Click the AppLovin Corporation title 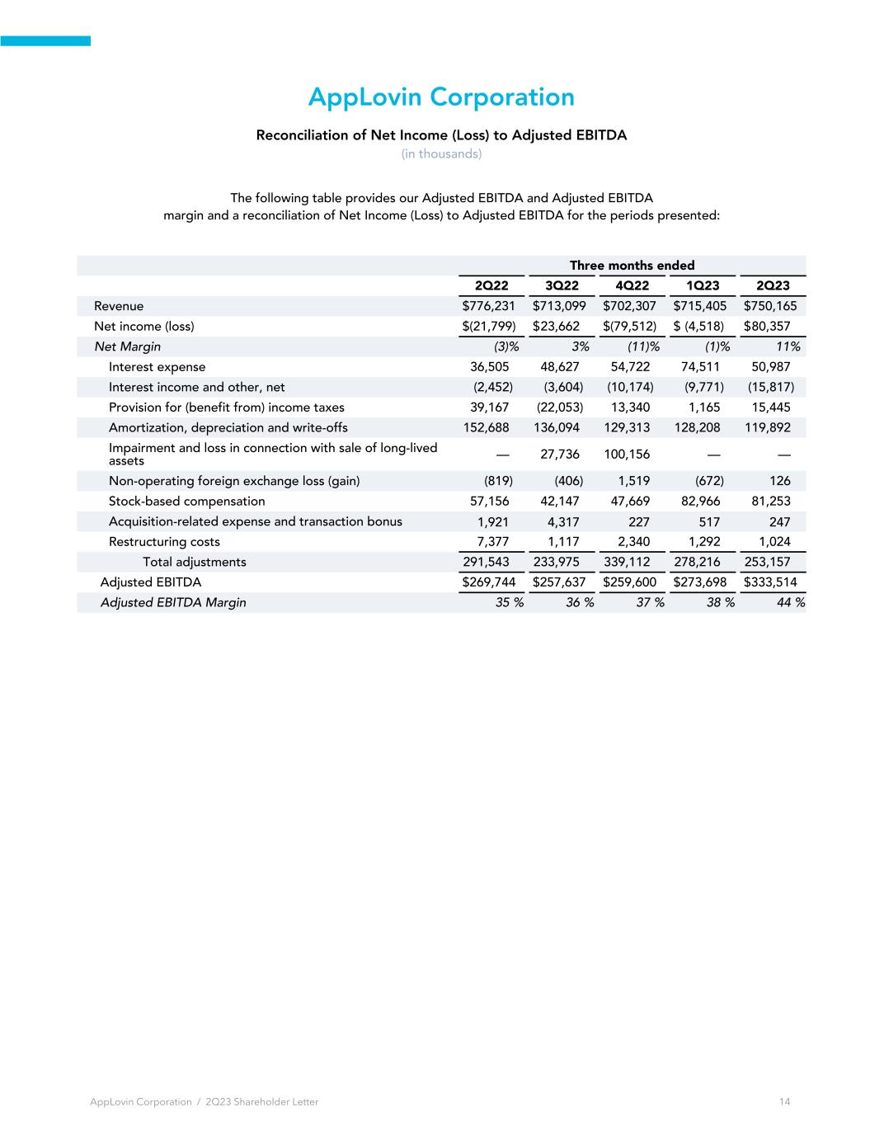[x=441, y=97]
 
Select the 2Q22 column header [x=491, y=285]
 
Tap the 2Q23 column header [x=773, y=285]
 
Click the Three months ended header [x=632, y=266]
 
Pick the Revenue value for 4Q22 [x=629, y=306]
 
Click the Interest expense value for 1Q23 [x=698, y=367]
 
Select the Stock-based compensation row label [x=187, y=502]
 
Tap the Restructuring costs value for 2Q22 [x=493, y=542]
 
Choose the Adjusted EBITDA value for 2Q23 [x=770, y=582]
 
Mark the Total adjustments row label [x=195, y=562]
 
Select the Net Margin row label [x=128, y=346]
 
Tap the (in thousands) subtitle [x=441, y=154]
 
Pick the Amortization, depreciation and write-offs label [x=228, y=427]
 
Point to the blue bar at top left [x=45, y=41]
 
